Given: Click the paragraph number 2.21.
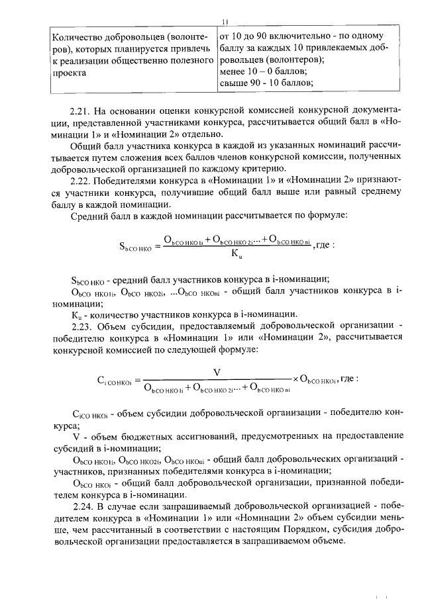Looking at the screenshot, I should (79, 109).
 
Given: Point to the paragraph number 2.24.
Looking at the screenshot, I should (80, 506).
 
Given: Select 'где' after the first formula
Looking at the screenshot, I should (324, 244).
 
